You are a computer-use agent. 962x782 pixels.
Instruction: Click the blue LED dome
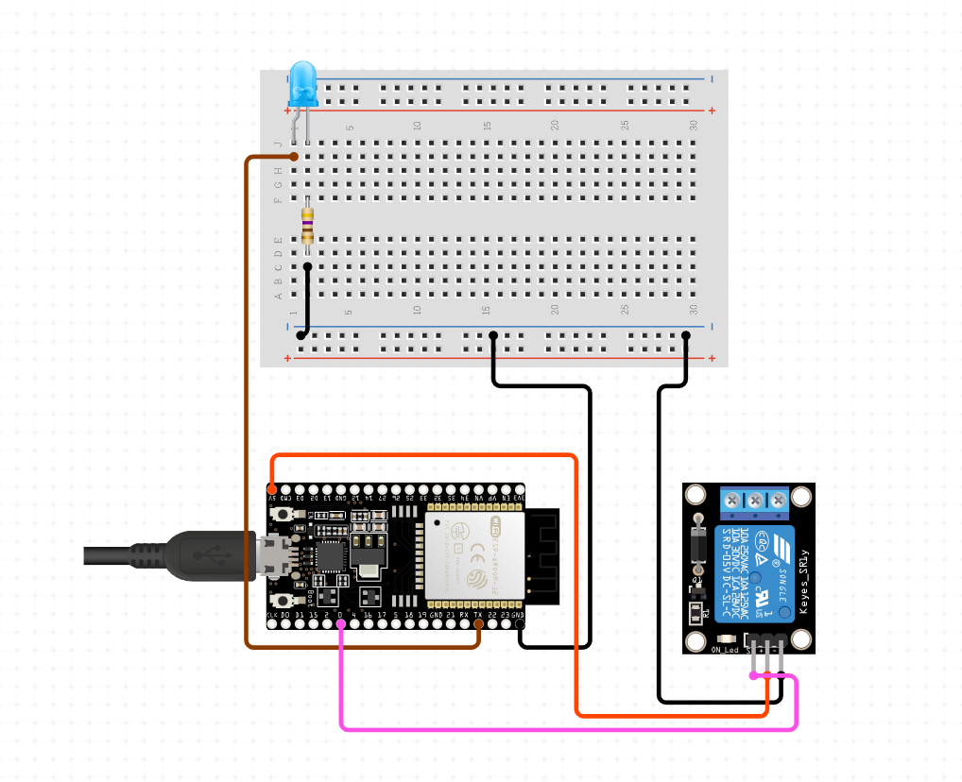pos(302,80)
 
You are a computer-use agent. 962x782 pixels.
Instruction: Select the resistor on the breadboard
pos(307,226)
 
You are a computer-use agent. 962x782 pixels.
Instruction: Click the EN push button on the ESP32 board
pos(281,513)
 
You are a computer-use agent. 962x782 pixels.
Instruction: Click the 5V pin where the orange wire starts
pos(273,491)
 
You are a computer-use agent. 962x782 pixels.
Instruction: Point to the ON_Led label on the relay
pos(723,650)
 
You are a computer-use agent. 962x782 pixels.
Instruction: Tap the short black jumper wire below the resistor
pos(306,300)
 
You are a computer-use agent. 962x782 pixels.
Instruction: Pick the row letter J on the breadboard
pos(278,144)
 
